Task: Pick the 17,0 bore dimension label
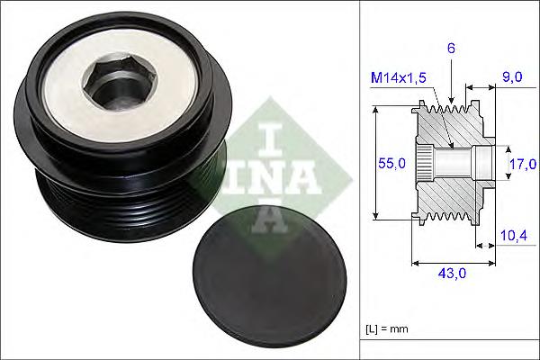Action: click(522, 164)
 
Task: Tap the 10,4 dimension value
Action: click(513, 235)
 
